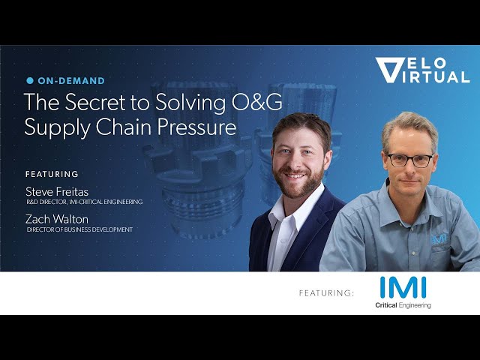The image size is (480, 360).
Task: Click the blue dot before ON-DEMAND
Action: pos(30,80)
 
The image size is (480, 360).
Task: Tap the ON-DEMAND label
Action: pos(71,81)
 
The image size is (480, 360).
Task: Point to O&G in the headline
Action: pos(256,102)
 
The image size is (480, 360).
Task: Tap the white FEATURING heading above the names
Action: pos(52,174)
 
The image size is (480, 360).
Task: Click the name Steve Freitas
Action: pos(57,192)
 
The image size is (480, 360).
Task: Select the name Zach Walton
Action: pos(57,219)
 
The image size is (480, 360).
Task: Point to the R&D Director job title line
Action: pos(85,202)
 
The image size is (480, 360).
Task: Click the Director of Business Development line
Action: pos(79,229)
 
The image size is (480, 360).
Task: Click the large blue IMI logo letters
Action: pos(403,287)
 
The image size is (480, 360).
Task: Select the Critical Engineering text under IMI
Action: pos(403,305)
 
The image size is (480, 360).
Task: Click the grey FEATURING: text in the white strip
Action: pos(326,293)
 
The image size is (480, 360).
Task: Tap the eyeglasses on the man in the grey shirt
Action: pos(410,160)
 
